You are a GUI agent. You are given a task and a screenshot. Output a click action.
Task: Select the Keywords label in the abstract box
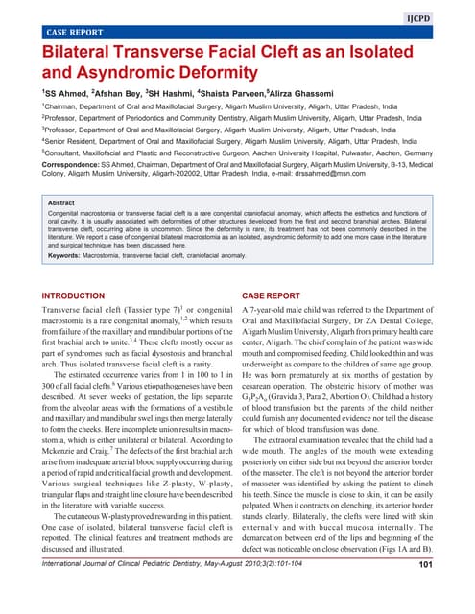[69, 255]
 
